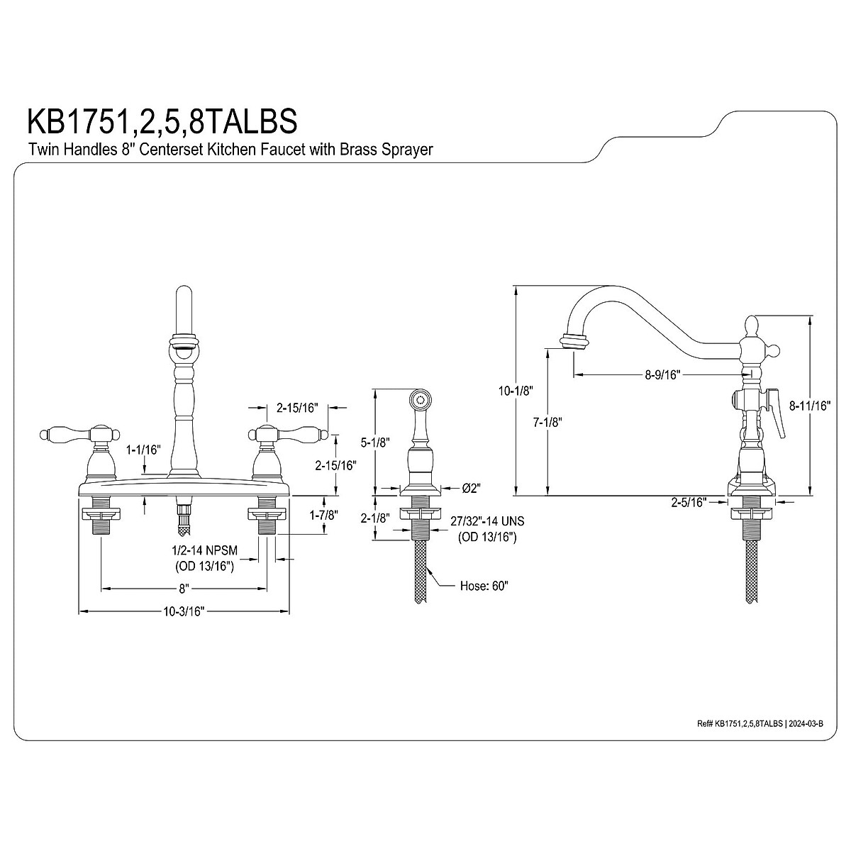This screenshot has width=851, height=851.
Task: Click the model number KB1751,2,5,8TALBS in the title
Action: point(162,120)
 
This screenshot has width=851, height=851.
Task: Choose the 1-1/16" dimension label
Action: point(144,450)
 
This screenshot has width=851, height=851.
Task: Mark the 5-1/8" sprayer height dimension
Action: point(374,443)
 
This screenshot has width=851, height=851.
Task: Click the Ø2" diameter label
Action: point(472,488)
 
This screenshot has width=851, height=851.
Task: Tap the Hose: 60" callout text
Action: point(484,586)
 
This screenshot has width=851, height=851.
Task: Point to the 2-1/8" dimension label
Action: point(374,518)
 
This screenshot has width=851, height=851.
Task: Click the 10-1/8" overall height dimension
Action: point(515,391)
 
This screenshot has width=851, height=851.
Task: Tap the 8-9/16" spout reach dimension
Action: point(662,375)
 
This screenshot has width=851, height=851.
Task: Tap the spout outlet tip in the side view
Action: point(574,341)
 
